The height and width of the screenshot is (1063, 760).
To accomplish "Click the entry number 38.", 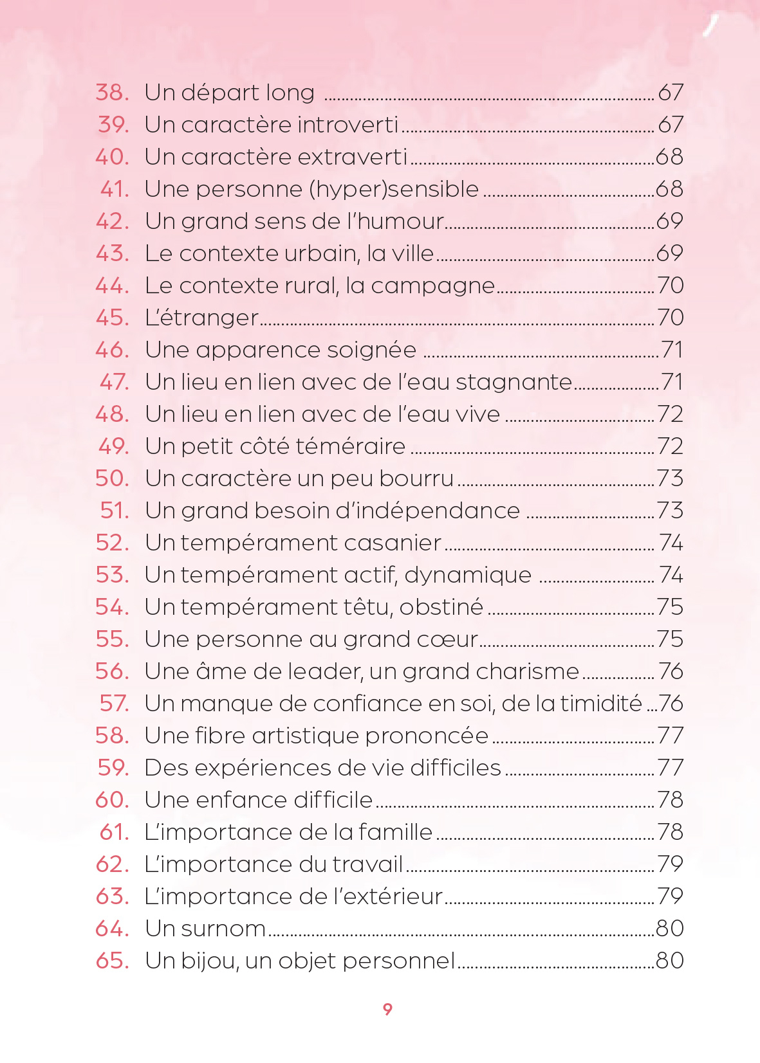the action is tap(112, 92).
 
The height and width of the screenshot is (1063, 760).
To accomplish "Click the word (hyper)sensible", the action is tap(394, 189).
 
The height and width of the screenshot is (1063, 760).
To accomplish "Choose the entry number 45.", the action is tap(112, 318).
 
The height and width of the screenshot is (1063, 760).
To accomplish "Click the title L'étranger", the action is tap(202, 318).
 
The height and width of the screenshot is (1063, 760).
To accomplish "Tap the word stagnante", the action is tap(514, 383).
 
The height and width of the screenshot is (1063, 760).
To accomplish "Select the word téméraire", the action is tap(351, 446).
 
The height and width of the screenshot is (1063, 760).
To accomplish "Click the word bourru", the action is tap(416, 478).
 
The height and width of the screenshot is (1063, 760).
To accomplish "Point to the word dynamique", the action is tap(468, 576).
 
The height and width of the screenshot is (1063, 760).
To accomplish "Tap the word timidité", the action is tap(601, 704).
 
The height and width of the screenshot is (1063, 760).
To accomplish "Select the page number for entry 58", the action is tap(670, 736).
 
